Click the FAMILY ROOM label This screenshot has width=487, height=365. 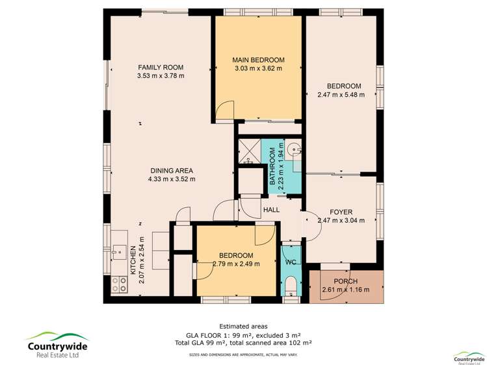(160, 68)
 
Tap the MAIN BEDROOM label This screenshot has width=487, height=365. (258, 60)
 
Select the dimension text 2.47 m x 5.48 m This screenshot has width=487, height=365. (341, 95)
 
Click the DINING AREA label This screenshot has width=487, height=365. (171, 170)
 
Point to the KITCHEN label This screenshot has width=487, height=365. (132, 259)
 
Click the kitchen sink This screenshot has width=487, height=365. (119, 248)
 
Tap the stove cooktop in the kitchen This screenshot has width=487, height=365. (120, 283)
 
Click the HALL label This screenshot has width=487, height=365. (271, 210)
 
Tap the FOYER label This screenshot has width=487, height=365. (341, 212)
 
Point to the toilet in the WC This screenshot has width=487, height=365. (291, 285)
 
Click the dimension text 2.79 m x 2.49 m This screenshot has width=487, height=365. (236, 264)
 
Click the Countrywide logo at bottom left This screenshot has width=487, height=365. (57, 342)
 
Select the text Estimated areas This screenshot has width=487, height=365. (243, 326)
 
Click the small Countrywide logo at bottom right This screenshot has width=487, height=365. (468, 357)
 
